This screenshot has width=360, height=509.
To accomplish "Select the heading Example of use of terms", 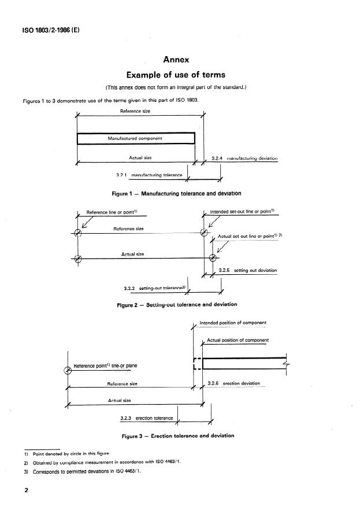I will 180,75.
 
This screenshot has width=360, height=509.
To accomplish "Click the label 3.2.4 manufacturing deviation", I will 245,157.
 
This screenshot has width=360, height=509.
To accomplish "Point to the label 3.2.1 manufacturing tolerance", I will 149,175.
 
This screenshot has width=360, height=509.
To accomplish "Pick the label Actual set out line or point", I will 248,236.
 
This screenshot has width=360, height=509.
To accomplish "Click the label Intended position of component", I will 232,323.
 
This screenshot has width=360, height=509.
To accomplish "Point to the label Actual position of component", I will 237,340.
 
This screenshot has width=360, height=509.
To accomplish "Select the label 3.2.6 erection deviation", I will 233,383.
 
